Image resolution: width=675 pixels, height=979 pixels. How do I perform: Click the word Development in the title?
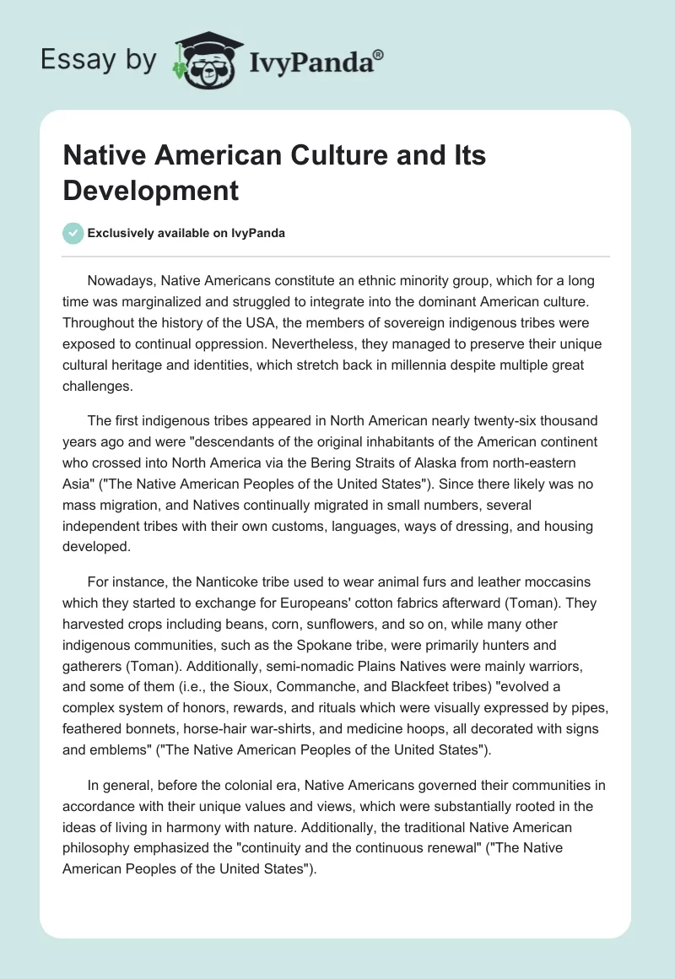(150, 190)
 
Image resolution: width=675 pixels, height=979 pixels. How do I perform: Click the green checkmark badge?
(73, 233)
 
